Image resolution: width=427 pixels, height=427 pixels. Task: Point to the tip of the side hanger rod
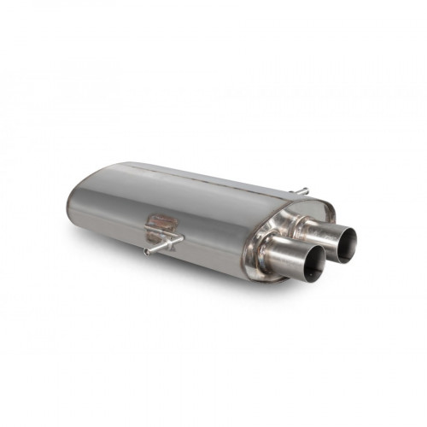147,252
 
